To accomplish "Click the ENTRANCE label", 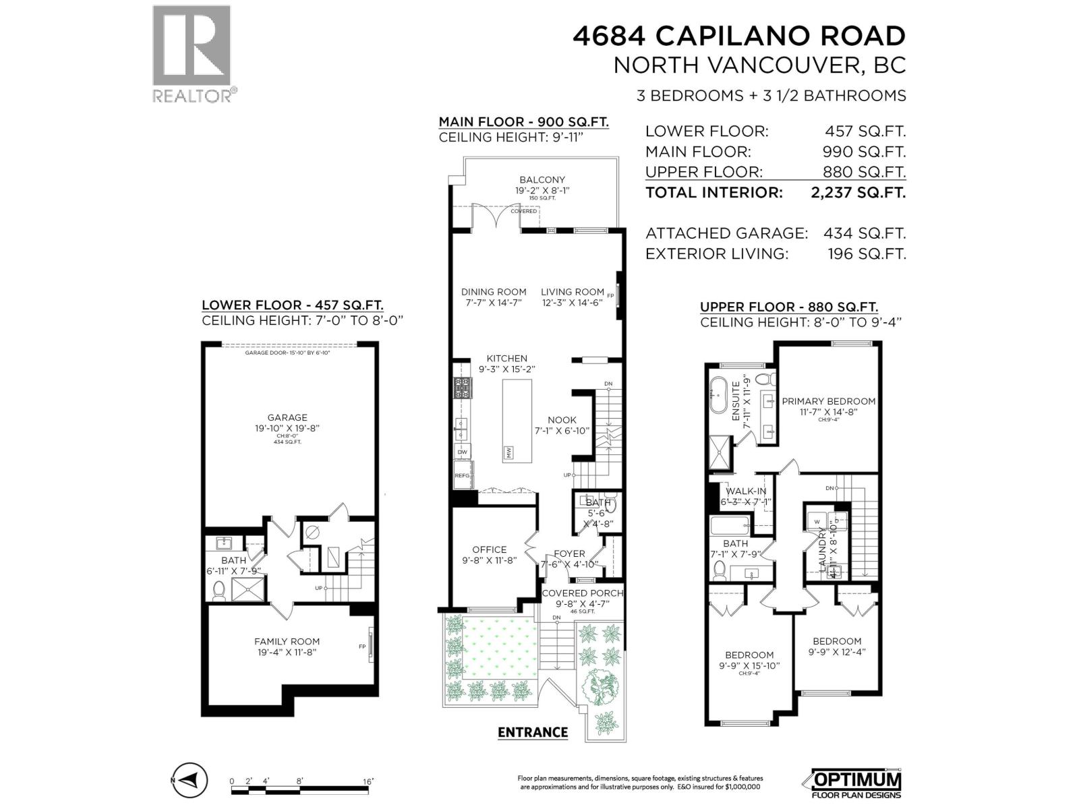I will pos(533,732).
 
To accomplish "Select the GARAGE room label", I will pos(287,417).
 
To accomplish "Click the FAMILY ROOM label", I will pos(287,641).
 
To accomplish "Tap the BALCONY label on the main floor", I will pos(542,180).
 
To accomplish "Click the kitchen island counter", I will pos(517,419).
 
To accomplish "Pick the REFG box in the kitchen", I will pos(463,475).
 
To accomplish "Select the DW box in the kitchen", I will pos(463,452).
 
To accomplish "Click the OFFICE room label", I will pos(489,549).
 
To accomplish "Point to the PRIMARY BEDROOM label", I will pos(828,401).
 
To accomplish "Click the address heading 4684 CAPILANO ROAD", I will pos(738,36).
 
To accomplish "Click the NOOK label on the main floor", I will pos(562,419).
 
